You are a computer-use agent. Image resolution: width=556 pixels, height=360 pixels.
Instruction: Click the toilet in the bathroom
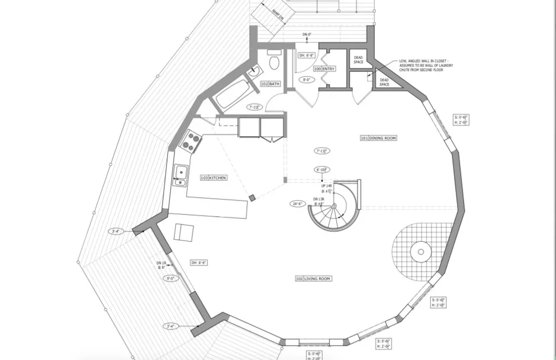[274, 61]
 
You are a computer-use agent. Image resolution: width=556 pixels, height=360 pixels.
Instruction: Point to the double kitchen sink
[180, 175]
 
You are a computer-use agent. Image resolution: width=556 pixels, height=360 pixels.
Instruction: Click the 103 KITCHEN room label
[214, 178]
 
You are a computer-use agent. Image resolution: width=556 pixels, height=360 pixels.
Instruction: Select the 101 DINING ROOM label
[379, 138]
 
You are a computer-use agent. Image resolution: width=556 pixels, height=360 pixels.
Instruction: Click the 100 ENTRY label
[325, 69]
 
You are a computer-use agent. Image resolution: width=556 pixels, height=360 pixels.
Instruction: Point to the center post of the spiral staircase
[334, 206]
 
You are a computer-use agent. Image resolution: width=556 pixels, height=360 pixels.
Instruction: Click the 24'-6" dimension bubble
[299, 204]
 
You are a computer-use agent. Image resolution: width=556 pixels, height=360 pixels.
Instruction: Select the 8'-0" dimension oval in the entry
[306, 80]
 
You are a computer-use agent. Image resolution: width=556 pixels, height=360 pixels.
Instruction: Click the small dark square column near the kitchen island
[252, 197]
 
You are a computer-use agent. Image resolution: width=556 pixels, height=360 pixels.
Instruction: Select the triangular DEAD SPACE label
[384, 82]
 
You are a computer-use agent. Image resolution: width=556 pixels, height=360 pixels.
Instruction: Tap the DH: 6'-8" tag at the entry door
[306, 55]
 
